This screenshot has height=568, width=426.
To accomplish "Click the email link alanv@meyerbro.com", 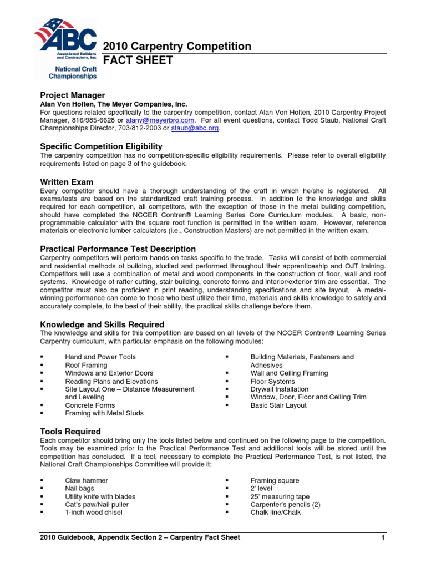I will pyautogui.click(x=160, y=120).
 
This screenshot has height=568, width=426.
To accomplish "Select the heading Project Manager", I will pyautogui.click(x=72, y=95).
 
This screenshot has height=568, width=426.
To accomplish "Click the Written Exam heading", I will pyautogui.click(x=67, y=182).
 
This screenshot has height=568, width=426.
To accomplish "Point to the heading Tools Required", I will pyautogui.click(x=70, y=432).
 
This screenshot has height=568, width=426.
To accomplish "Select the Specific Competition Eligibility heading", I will pyautogui.click(x=101, y=146).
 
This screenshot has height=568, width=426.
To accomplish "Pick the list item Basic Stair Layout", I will pyautogui.click(x=278, y=405).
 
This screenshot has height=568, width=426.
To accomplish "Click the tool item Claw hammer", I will pyautogui.click(x=87, y=480).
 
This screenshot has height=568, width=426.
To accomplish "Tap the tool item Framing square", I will pyautogui.click(x=275, y=480).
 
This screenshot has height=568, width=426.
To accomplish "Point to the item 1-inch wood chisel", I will pyautogui.click(x=94, y=513).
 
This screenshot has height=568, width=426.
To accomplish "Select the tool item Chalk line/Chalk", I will pyautogui.click(x=276, y=513).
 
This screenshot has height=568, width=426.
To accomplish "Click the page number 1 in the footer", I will pyautogui.click(x=383, y=537).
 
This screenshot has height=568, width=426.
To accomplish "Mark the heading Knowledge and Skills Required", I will pyautogui.click(x=102, y=324).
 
